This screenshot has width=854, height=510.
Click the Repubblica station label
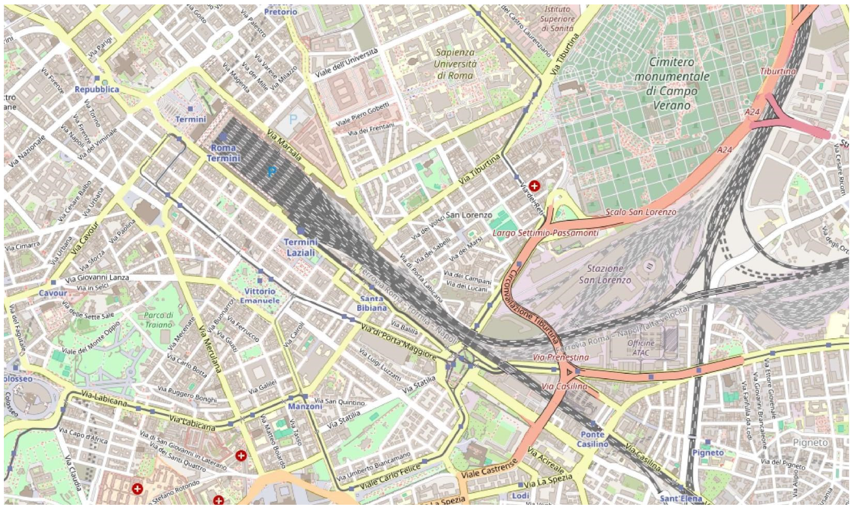(97, 89)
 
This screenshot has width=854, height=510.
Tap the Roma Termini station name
(223, 153)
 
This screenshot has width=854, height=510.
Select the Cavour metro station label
(53, 293)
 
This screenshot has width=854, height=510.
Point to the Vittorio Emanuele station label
(260, 296)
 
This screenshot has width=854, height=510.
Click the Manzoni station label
(305, 406)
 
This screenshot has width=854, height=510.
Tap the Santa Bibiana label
(371, 304)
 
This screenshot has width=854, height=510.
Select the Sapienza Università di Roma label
(455, 64)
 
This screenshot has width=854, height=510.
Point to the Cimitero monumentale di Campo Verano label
(671, 83)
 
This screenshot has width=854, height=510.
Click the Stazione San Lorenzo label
(605, 274)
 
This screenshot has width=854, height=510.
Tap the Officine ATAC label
(641, 348)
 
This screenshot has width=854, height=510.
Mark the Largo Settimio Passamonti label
(545, 233)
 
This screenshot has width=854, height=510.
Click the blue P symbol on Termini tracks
(272, 171)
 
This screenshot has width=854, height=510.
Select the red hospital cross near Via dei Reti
(534, 186)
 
